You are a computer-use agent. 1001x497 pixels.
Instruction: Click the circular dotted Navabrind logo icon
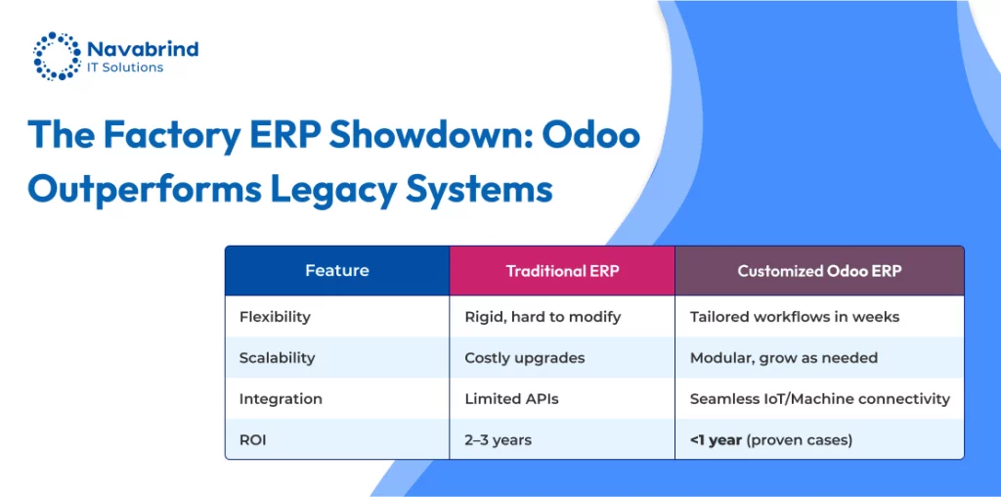tap(57, 56)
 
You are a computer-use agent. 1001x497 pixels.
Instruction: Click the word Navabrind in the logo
tap(143, 49)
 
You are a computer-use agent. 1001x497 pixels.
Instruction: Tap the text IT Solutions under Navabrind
tap(124, 68)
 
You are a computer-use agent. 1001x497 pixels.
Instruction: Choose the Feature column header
tap(337, 270)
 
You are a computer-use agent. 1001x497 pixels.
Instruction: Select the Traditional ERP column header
tap(562, 271)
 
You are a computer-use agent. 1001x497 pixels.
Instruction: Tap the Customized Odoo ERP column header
tap(820, 271)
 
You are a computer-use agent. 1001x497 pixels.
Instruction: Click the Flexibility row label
tap(275, 316)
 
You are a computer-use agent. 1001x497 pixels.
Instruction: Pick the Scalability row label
tap(277, 358)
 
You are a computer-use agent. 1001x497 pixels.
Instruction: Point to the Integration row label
tap(281, 399)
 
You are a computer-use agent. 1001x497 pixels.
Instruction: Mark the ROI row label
tap(253, 440)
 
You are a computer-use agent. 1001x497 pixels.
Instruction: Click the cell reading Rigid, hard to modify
tap(543, 316)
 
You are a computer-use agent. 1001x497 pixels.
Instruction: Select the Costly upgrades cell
tap(525, 358)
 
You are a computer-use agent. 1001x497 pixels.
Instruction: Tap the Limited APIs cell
tap(511, 399)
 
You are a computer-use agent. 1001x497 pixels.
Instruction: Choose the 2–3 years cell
tap(498, 440)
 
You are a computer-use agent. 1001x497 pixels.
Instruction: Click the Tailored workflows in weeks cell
tap(795, 316)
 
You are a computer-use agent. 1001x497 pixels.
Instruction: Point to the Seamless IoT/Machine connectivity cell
tap(820, 399)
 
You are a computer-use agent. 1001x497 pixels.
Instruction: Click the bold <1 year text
tap(716, 440)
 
